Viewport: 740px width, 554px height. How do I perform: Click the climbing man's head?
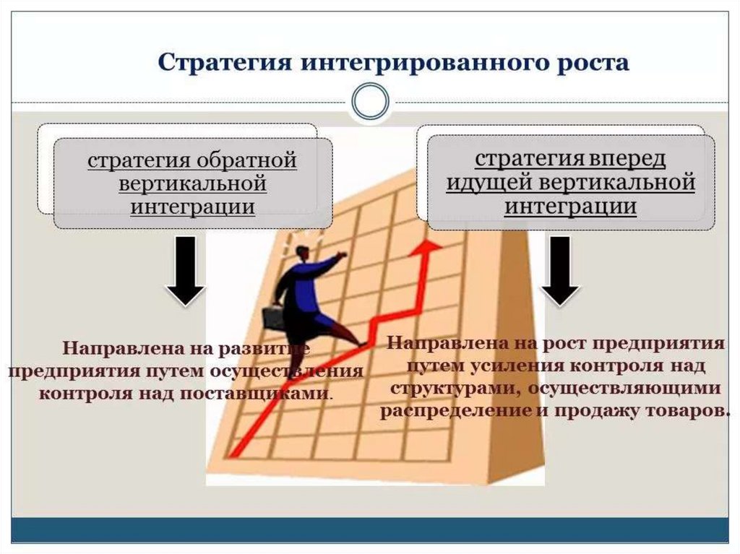pos(301,252)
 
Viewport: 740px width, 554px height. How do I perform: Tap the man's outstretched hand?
pos(340,255)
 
